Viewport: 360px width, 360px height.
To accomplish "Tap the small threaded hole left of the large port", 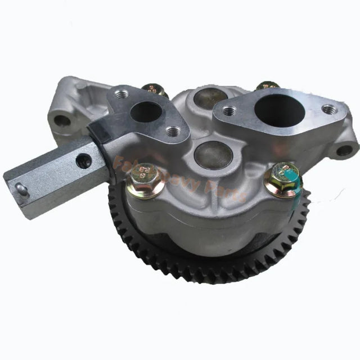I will coord(228,111).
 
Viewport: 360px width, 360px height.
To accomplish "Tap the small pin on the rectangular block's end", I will coord(21,190).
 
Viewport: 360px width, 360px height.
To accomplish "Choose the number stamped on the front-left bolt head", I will coord(145,169).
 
